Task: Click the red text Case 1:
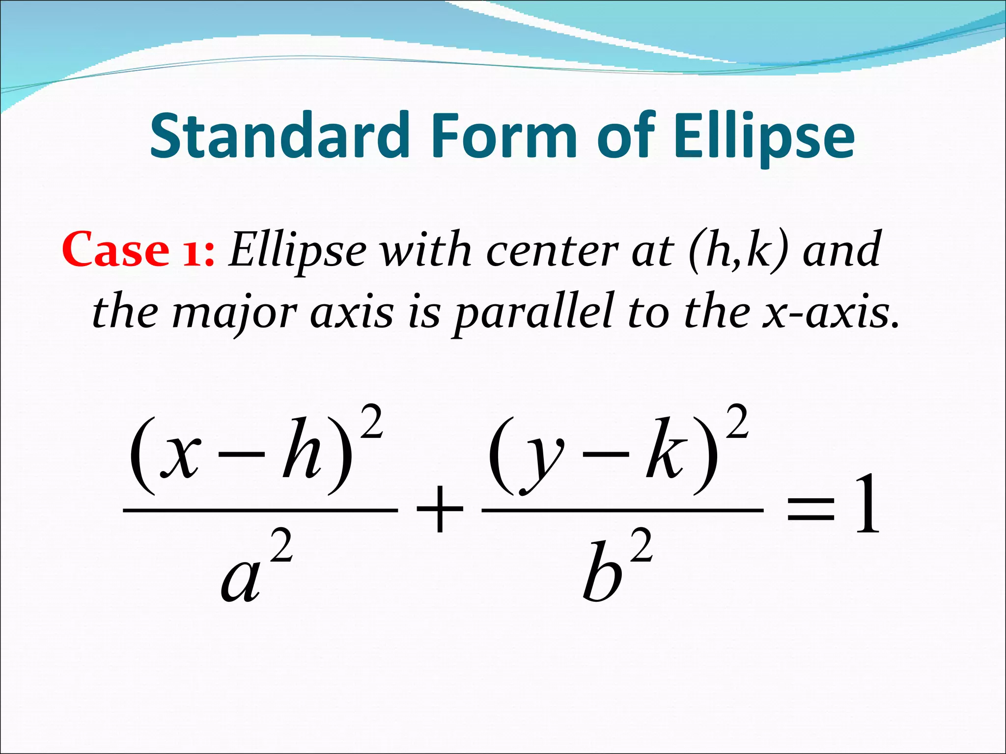[x=138, y=250]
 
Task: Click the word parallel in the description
[x=533, y=314]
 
